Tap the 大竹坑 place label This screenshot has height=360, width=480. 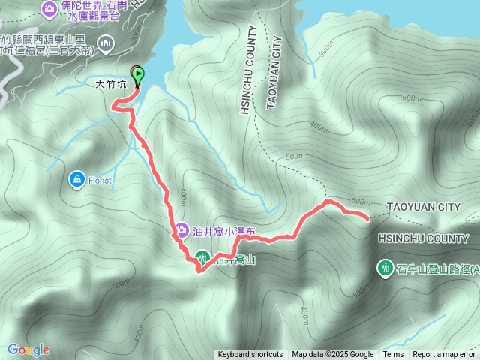(111, 85)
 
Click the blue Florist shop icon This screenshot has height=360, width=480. (76, 179)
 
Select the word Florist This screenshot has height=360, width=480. (98, 180)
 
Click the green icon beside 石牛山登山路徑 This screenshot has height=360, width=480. (385, 267)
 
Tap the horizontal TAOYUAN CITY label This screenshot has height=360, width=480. (424, 206)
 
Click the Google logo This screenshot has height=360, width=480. (28, 349)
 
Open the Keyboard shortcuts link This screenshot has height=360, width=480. (250, 355)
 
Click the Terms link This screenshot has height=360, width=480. (393, 355)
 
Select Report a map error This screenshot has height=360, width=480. (444, 355)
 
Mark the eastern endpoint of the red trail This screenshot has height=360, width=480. (367, 218)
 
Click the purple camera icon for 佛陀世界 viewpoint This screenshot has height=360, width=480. (49, 7)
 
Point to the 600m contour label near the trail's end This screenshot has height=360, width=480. (361, 202)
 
